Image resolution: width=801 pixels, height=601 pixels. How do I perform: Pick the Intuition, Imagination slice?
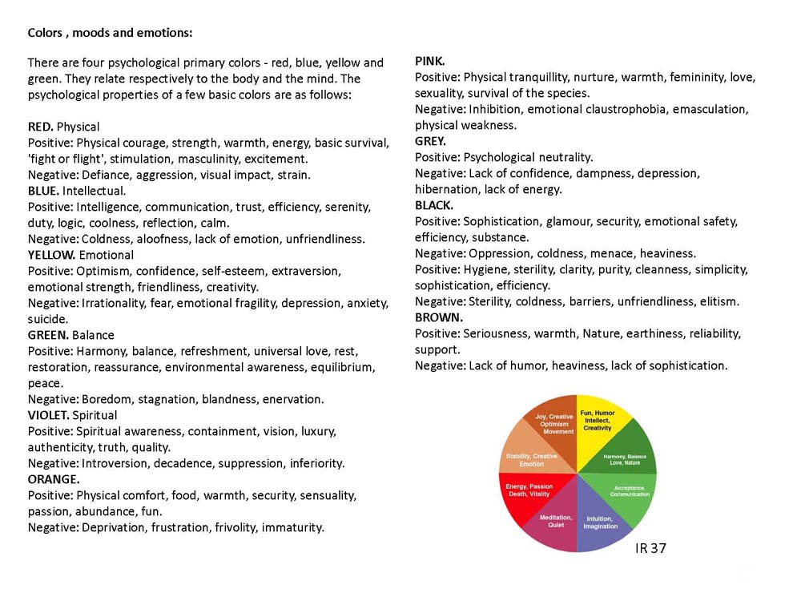click(x=600, y=522)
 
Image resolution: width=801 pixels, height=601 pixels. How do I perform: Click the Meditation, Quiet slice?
click(x=556, y=522)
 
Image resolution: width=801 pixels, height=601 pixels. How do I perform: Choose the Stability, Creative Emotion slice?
click(x=531, y=459)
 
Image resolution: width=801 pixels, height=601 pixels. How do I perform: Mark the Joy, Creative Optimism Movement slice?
click(x=556, y=425)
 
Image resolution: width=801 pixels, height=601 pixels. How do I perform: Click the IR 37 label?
click(x=650, y=548)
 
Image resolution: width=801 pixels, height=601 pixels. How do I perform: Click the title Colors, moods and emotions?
click(x=110, y=33)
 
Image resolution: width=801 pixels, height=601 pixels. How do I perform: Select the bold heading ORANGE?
click(x=54, y=479)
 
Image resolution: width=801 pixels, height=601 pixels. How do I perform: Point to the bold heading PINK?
click(x=429, y=61)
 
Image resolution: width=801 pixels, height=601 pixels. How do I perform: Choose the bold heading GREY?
click(x=430, y=141)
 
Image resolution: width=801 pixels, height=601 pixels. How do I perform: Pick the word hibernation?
click(x=449, y=189)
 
